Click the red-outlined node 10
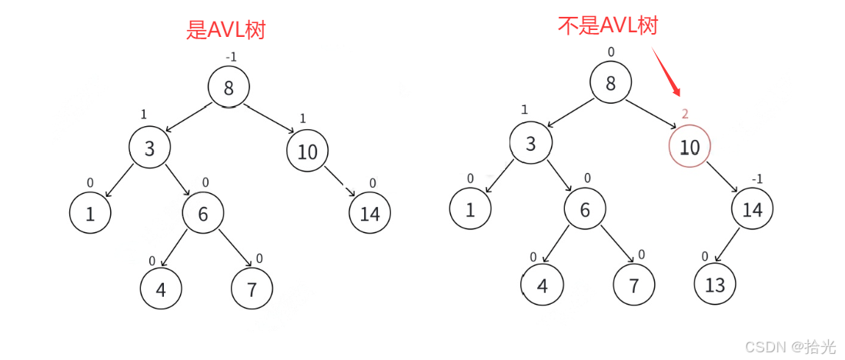690,147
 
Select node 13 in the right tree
715,285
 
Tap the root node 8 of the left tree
229,87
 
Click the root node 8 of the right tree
611,82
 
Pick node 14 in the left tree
370,213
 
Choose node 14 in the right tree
752,209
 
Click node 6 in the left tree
203,213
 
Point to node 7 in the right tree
634,285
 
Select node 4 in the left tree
161,289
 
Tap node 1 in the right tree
470,209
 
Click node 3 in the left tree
149,148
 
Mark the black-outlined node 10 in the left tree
307,151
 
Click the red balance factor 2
685,114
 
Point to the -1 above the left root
230,57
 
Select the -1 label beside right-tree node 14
757,179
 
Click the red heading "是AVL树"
226,30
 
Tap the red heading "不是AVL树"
608,25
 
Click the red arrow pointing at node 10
666,72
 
